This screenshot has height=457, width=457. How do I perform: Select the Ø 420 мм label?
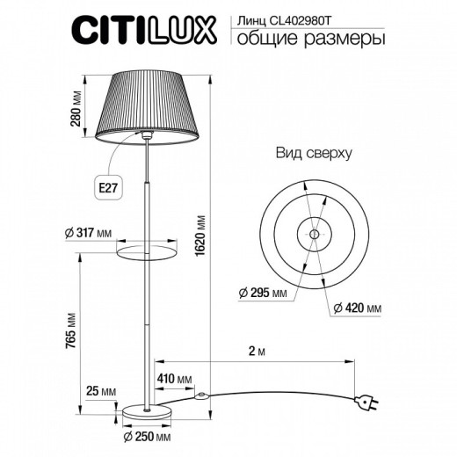[357, 308]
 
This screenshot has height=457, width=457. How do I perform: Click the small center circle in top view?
[314, 234]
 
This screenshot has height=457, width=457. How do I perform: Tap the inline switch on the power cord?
[205, 396]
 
